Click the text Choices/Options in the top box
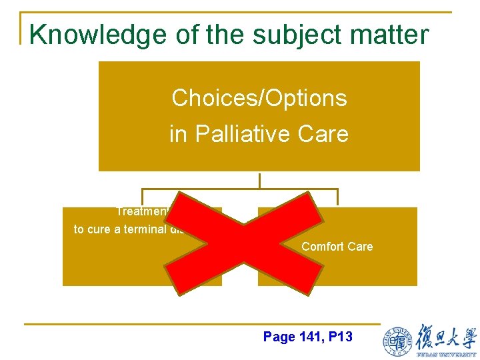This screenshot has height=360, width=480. pos(259,98)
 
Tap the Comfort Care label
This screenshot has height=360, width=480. pos(337,247)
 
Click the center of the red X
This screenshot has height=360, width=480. pos(243,243)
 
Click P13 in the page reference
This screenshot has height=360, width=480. pos(339,337)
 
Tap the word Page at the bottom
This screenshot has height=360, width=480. pos(279,337)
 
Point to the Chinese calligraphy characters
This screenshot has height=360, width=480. pos(446,336)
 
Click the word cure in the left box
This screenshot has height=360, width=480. pos(98,229)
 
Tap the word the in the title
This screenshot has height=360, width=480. pos(225,34)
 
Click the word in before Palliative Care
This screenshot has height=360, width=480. pos(179,134)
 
